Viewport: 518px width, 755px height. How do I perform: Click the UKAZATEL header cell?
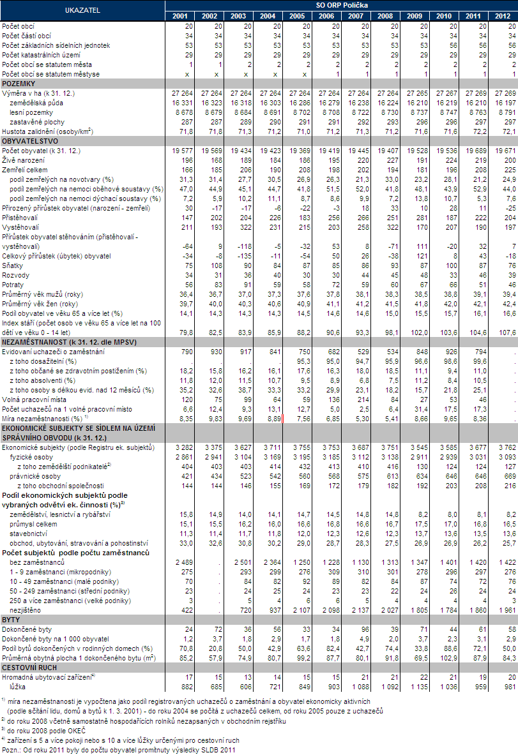[x=82, y=11]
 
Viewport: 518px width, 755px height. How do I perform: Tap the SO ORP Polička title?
[x=341, y=4]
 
